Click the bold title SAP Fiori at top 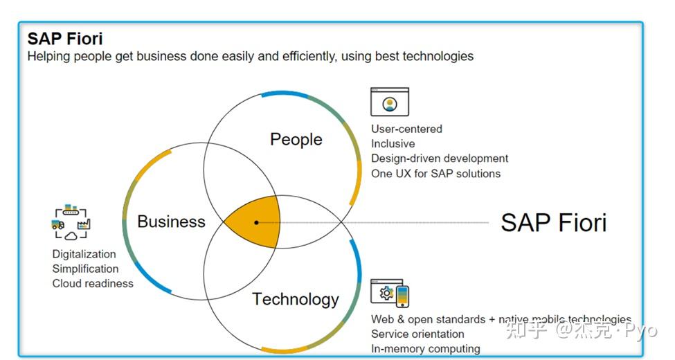65,38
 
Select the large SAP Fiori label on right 553,222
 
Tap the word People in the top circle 296,139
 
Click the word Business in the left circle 171,222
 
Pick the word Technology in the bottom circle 295,299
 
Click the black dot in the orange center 256,222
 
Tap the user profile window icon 390,102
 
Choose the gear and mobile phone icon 390,294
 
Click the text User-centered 406,129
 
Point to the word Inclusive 393,144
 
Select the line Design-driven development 440,159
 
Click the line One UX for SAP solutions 435,174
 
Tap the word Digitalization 84,254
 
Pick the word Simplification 85,269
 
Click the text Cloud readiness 93,283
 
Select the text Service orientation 417,334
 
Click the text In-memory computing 425,349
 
